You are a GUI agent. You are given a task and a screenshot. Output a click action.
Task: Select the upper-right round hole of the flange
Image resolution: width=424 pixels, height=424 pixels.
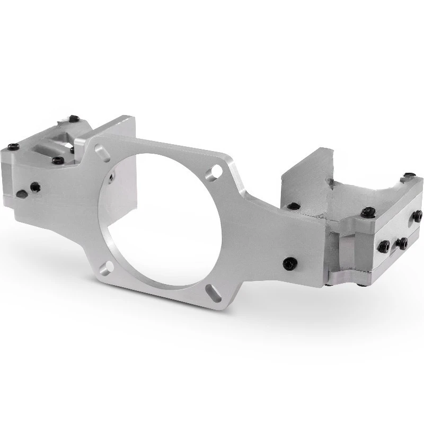(216, 171)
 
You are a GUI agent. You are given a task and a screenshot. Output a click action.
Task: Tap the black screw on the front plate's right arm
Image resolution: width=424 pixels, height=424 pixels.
(289, 262)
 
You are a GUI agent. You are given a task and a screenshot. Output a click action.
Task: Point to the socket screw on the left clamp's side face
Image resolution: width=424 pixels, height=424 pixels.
(35, 186)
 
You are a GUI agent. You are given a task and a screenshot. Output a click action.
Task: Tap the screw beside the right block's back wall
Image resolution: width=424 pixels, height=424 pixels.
(292, 206)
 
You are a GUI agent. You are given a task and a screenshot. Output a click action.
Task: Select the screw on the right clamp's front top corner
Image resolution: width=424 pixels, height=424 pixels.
(366, 213)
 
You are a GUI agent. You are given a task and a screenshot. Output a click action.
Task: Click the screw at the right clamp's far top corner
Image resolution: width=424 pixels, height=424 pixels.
(409, 175)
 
